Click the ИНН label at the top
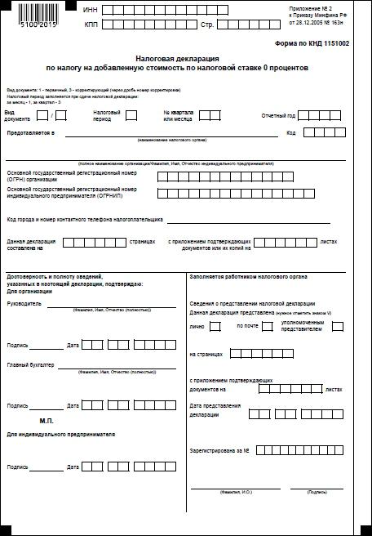(x=91, y=9)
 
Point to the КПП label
(x=91, y=25)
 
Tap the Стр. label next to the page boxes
(x=206, y=25)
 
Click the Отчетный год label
(x=277, y=115)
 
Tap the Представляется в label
(x=30, y=132)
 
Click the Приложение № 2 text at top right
(x=334, y=6)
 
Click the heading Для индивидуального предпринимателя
(x=60, y=434)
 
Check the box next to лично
(x=215, y=327)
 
